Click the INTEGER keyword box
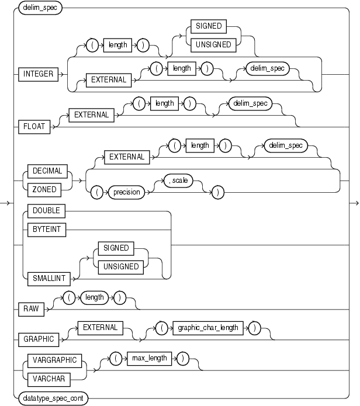38,75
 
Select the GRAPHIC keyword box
39,339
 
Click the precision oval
127,191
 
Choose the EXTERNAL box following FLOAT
91,115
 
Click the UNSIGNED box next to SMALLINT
116,266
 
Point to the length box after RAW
95,297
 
